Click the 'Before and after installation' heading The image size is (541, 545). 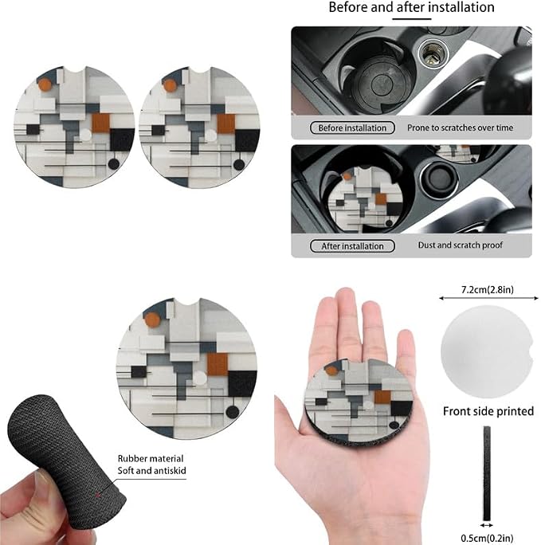click(x=411, y=7)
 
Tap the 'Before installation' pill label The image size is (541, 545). click(x=352, y=128)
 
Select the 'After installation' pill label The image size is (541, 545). click(x=352, y=246)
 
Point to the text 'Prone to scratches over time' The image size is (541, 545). click(x=460, y=128)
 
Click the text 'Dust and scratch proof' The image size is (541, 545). click(x=460, y=245)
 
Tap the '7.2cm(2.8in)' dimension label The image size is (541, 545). click(x=487, y=289)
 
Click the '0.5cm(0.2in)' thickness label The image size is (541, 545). click(x=487, y=539)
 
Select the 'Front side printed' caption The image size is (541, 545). click(x=488, y=411)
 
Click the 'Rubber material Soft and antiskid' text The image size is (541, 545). click(x=151, y=465)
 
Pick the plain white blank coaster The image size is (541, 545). click(x=487, y=351)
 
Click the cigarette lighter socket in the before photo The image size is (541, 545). click(x=433, y=54)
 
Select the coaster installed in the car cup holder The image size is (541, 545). click(x=365, y=197)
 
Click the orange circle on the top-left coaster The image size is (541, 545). click(x=45, y=84)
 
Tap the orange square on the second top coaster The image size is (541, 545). click(x=226, y=124)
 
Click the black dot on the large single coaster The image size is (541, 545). click(x=233, y=412)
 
